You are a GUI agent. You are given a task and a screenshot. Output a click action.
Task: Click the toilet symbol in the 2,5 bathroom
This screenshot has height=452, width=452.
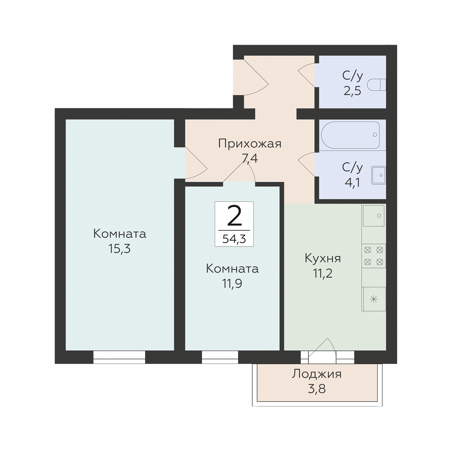[377, 85]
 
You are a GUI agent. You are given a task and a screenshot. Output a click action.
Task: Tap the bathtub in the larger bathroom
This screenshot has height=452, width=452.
[350, 135]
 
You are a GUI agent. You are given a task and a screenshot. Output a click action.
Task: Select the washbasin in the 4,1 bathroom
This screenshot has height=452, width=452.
[379, 175]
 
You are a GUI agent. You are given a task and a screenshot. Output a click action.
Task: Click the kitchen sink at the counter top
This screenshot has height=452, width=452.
[374, 215]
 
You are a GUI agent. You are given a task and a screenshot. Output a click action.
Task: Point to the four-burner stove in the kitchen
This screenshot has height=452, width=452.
[374, 256]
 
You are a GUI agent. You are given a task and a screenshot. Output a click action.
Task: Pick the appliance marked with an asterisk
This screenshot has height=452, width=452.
[374, 299]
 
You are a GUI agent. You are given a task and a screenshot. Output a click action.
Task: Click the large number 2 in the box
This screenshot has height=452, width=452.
[234, 215]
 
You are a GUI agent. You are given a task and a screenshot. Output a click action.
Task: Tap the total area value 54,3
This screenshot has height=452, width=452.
[234, 239]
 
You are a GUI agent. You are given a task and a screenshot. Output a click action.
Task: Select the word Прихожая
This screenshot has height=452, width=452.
[250, 144]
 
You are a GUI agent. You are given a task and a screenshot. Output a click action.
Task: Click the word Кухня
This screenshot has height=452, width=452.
[323, 258]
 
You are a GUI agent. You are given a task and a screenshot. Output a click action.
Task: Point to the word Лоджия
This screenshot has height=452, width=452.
[317, 374]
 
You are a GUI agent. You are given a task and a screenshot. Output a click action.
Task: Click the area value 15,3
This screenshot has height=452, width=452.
[119, 249]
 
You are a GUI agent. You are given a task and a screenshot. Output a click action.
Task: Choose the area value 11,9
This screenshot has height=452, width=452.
[232, 283]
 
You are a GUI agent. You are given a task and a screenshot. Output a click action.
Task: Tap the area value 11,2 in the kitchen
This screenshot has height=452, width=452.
[323, 273]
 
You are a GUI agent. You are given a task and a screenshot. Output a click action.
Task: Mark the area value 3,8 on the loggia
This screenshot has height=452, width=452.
[317, 389]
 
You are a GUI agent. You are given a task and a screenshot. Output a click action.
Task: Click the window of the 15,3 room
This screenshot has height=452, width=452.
[119, 357]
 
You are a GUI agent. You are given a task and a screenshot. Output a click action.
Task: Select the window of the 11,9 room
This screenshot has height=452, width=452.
[220, 357]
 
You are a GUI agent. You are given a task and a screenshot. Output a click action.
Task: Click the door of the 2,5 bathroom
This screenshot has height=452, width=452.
[307, 75]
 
